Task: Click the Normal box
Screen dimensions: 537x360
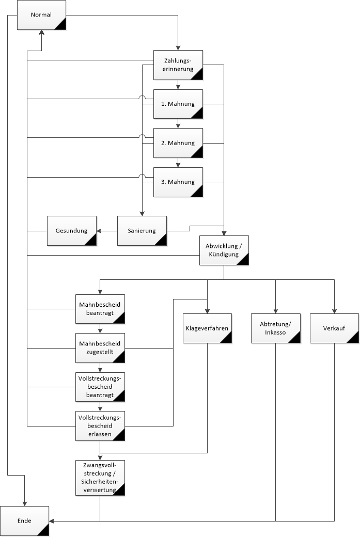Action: click(41, 14)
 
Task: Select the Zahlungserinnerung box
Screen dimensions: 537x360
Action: click(178, 65)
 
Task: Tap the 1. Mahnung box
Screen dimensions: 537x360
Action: click(178, 104)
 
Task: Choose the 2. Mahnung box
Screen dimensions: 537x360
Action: click(178, 143)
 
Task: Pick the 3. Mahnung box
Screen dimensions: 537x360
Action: click(178, 182)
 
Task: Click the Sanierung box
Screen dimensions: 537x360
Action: click(142, 230)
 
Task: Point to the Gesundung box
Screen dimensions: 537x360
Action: click(72, 230)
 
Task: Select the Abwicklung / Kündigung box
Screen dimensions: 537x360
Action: click(224, 250)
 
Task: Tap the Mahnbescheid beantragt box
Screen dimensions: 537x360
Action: click(100, 309)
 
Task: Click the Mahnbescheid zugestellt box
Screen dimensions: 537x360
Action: click(100, 348)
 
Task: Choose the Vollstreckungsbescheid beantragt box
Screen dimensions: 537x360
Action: click(100, 387)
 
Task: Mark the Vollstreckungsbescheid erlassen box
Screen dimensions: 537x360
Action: click(100, 425)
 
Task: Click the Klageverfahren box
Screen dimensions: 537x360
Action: click(207, 328)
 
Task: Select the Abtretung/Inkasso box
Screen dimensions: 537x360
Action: click(276, 328)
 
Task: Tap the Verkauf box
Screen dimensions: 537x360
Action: click(334, 328)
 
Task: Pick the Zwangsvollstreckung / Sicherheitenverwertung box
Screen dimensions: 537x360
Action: click(100, 477)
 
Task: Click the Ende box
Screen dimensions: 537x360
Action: click(24, 521)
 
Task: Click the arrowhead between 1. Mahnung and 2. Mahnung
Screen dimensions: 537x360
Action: click(178, 125)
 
